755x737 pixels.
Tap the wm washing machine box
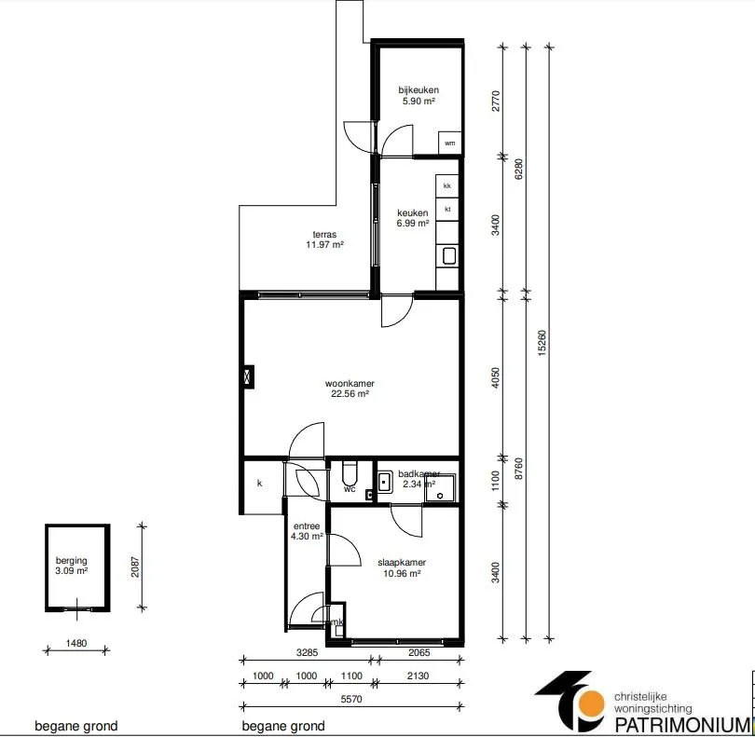449,143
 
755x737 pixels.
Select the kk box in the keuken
447,185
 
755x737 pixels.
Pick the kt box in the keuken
447,210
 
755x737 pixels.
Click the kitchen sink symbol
448,255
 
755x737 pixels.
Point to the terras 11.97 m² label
324,239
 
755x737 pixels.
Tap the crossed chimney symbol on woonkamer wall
249,376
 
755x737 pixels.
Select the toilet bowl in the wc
350,473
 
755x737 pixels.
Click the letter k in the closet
259,483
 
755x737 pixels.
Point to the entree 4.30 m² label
307,531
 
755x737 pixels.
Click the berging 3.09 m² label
71,566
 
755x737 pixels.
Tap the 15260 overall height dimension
542,343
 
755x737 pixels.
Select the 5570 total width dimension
351,699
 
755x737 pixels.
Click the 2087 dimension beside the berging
135,567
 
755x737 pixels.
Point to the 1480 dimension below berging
76,643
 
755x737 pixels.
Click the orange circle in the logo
591,703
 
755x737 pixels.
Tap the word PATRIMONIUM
682,725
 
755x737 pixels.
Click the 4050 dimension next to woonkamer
496,377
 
